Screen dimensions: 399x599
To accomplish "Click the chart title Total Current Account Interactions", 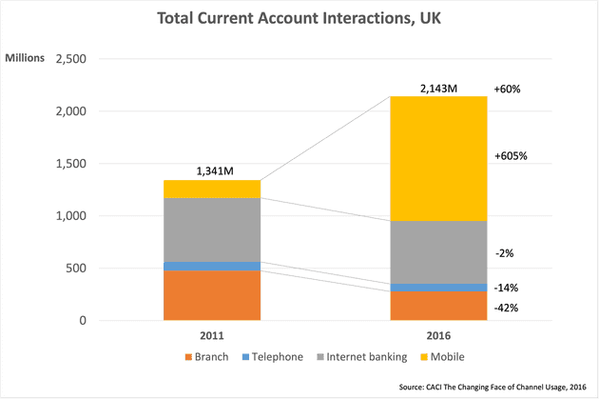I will pyautogui.click(x=299, y=18).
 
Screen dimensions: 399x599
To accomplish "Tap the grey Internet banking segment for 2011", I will pyautogui.click(x=211, y=229).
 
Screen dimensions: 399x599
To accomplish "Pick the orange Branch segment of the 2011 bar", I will pyautogui.click(x=211, y=295).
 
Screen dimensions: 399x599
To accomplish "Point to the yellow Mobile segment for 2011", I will pyautogui.click(x=211, y=189).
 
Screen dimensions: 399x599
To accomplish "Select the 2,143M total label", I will pyautogui.click(x=437, y=89).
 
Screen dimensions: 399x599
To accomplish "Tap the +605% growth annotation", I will pyautogui.click(x=511, y=156).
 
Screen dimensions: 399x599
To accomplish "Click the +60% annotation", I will pyautogui.click(x=508, y=89).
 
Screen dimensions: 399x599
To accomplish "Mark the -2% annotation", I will pyautogui.click(x=506, y=254).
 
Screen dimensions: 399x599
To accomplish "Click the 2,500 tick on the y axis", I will pyautogui.click(x=72, y=59).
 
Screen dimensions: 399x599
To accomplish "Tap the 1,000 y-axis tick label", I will pyautogui.click(x=72, y=216).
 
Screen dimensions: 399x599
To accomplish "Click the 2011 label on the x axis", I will pyautogui.click(x=211, y=335).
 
